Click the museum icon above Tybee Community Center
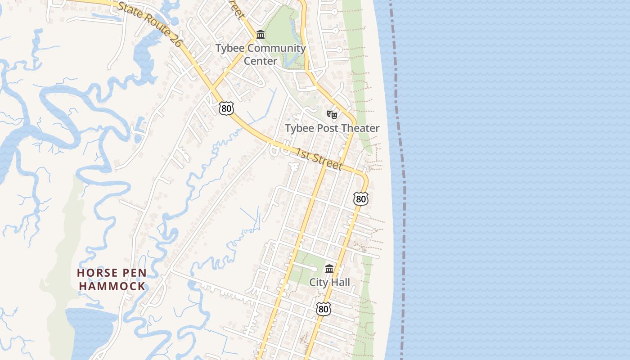pyautogui.click(x=260, y=34)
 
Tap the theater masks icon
pyautogui.click(x=332, y=115)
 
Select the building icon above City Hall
pyautogui.click(x=329, y=269)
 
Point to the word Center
pyautogui.click(x=261, y=61)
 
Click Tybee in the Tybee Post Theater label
pyautogui.click(x=300, y=128)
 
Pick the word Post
pyautogui.click(x=328, y=128)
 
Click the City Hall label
pyautogui.click(x=329, y=283)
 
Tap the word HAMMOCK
pyautogui.click(x=112, y=286)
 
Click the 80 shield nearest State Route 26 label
pyautogui.click(x=227, y=108)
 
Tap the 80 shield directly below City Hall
pyautogui.click(x=323, y=309)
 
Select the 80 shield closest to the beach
pyautogui.click(x=361, y=198)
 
